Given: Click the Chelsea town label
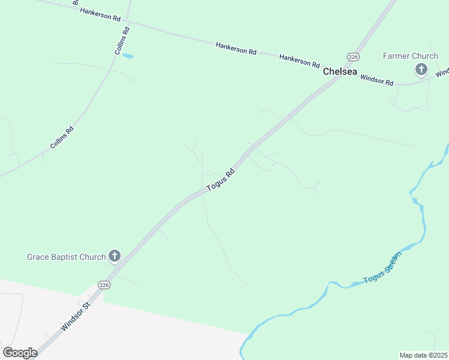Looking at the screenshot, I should click(340, 71).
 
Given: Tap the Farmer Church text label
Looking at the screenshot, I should click(411, 56).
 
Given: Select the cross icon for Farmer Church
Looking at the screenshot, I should click(421, 70).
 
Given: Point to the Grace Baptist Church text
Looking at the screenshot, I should click(66, 257).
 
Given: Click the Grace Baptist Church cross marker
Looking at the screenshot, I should click(114, 256).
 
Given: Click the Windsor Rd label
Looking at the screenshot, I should click(377, 80).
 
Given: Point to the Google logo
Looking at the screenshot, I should click(20, 352).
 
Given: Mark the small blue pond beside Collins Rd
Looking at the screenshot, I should click(128, 56).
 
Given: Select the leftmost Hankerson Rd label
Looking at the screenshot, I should click(100, 14).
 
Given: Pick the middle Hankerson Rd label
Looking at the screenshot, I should click(237, 48).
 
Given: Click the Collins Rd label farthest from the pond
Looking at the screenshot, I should click(62, 137).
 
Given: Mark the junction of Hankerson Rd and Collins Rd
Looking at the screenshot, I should click(128, 23).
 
